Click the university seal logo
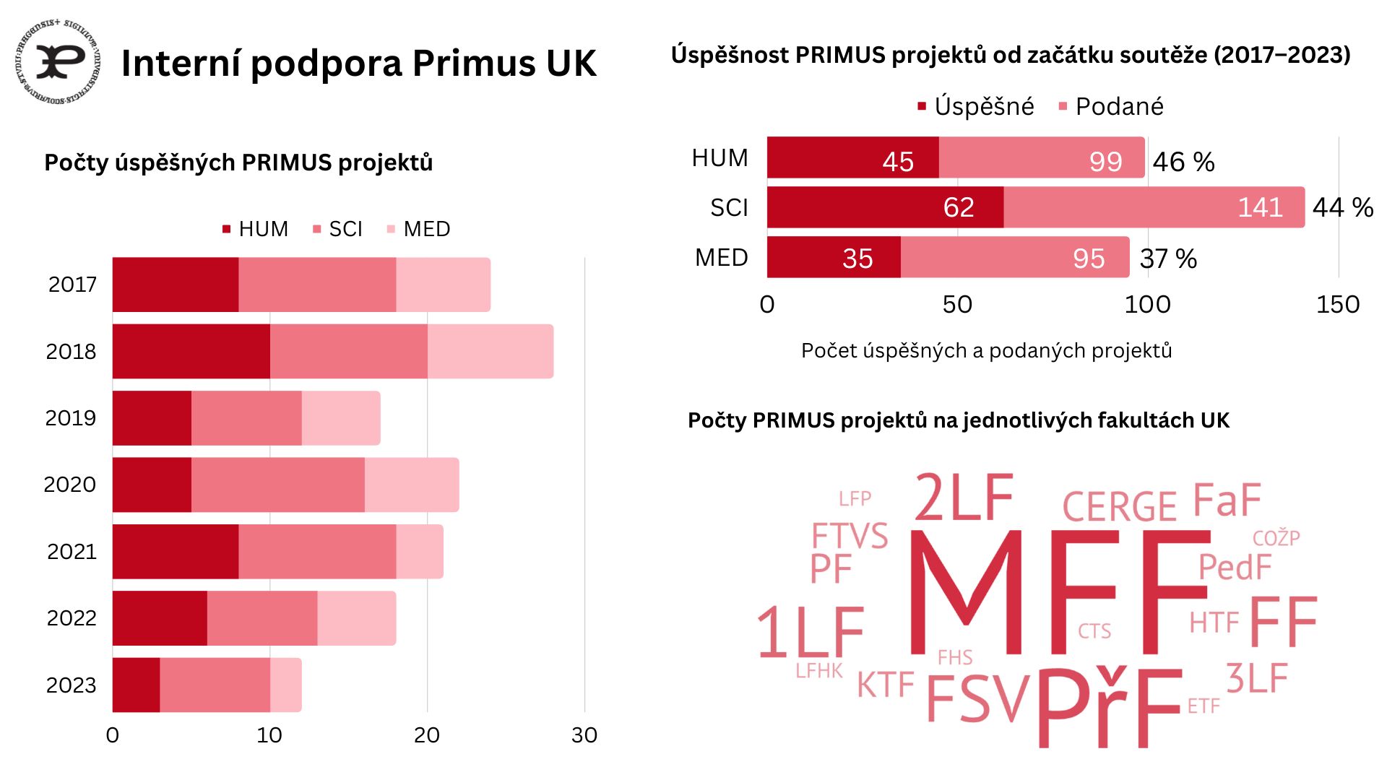click(x=58, y=61)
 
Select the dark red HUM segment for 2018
click(x=191, y=352)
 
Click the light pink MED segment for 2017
click(x=443, y=285)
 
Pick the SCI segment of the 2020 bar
click(x=277, y=485)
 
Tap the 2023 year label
click(x=71, y=685)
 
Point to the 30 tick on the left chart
click(x=584, y=735)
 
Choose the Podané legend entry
click(x=1119, y=107)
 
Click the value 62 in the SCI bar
click(x=959, y=208)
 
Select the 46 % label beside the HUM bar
click(x=1183, y=162)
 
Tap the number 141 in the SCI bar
click(x=1260, y=208)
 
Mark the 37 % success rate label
click(x=1168, y=259)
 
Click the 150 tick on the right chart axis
click(x=1338, y=305)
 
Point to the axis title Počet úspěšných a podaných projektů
click(x=986, y=351)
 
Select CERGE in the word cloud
click(x=1119, y=506)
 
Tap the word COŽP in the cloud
click(x=1276, y=538)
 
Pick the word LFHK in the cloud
click(x=818, y=671)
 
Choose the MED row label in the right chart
click(x=721, y=258)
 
